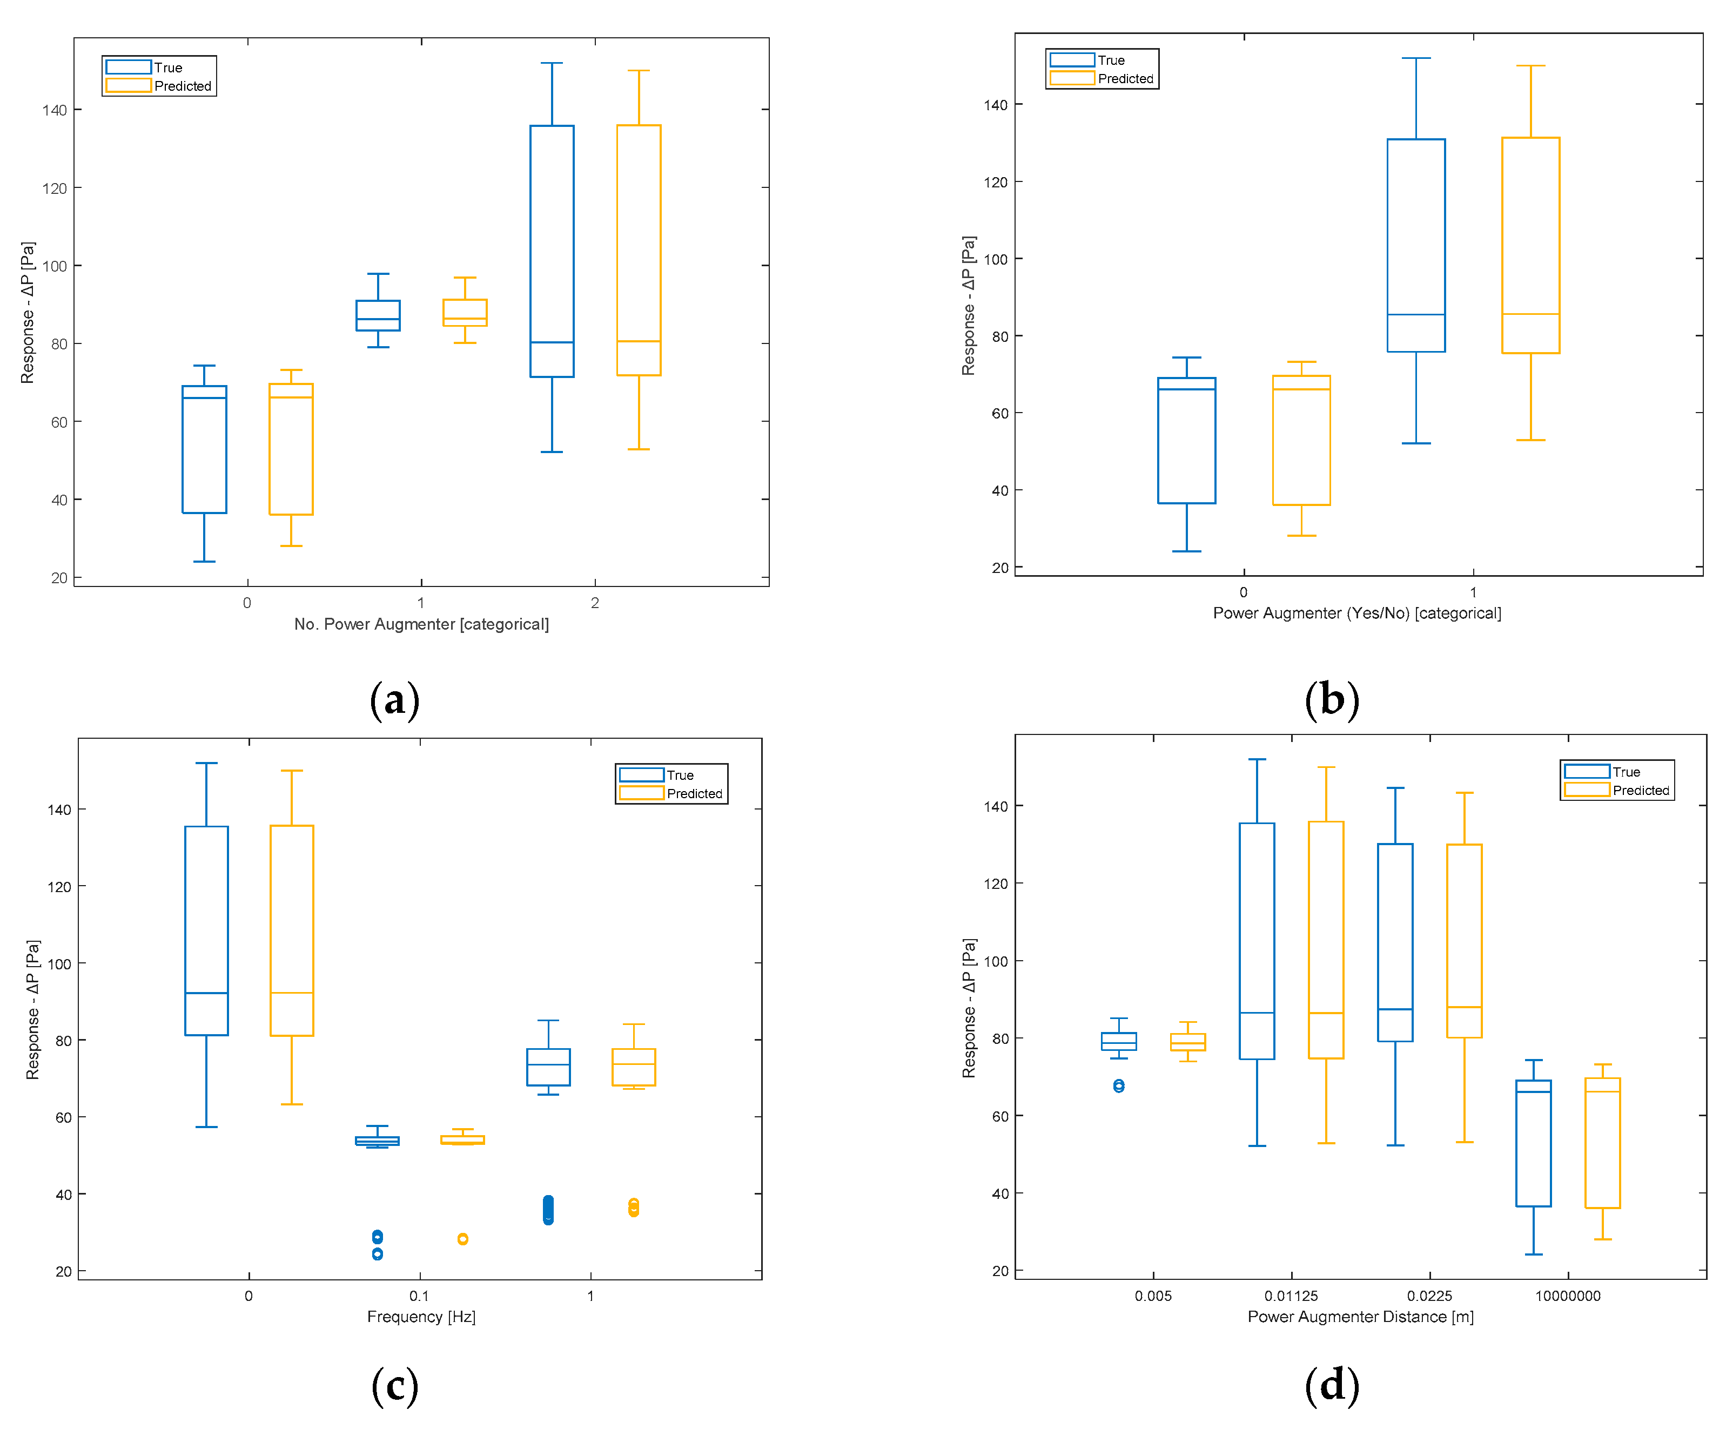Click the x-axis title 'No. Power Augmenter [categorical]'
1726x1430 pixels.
421,624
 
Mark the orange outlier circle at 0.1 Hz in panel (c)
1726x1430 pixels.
463,1238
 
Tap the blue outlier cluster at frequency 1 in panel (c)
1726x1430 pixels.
548,1210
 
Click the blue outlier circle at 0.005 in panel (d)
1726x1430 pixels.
1119,1085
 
